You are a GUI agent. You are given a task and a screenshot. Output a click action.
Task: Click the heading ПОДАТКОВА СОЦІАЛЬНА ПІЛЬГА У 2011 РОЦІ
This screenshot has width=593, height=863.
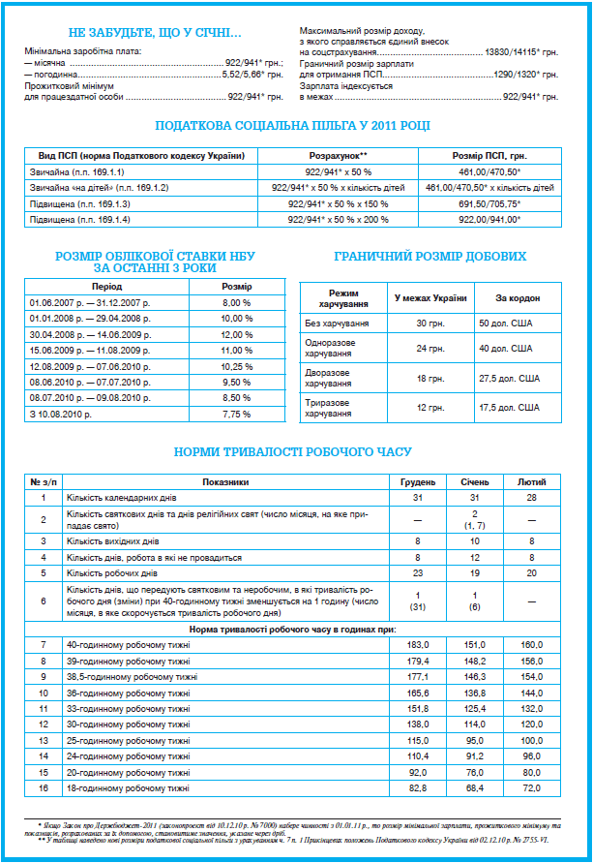point(293,126)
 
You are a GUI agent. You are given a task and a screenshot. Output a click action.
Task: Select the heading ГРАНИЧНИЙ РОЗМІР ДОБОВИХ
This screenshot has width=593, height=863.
point(430,257)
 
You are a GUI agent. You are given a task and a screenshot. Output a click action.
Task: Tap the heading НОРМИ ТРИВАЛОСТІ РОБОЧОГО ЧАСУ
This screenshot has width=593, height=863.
point(293,452)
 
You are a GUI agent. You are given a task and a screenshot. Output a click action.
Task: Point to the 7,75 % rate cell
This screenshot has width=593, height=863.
point(236,414)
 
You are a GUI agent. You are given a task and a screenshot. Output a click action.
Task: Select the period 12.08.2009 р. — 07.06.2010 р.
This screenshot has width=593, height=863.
point(90,366)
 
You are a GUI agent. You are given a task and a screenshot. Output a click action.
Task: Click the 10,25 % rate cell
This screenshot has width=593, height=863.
point(236,366)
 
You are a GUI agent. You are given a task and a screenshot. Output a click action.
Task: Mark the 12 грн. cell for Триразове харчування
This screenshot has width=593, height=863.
point(430,407)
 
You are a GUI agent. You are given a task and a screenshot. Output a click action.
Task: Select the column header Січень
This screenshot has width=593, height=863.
point(475,481)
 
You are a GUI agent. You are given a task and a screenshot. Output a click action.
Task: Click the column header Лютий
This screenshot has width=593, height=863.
point(531,481)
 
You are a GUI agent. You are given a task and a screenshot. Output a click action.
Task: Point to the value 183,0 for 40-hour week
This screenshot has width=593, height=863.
point(418,644)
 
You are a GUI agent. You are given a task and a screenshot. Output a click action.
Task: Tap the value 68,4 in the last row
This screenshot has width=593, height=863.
point(475,789)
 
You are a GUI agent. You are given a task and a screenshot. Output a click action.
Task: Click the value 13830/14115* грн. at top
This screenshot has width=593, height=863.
point(522,50)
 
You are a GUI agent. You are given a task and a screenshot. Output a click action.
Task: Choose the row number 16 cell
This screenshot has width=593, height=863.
point(43,789)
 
